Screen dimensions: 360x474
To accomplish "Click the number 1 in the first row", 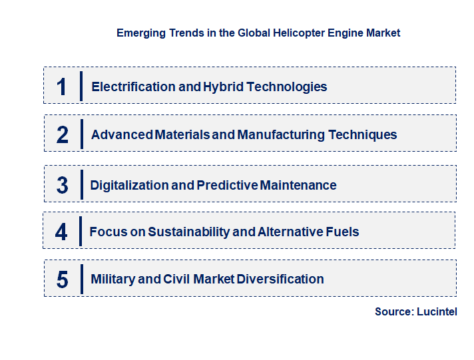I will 62,87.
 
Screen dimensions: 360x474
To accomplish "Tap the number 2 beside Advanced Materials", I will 63,135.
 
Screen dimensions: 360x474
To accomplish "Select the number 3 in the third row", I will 62,186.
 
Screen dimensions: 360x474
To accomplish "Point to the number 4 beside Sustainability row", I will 61,232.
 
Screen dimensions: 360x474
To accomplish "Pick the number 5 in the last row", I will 62,279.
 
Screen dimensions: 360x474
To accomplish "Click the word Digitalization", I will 129,186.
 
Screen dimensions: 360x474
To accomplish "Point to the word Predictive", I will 228,186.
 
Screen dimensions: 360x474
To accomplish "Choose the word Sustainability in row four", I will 189,232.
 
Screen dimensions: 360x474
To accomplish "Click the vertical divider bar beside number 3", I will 81,184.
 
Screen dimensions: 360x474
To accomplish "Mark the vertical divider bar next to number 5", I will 81,279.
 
